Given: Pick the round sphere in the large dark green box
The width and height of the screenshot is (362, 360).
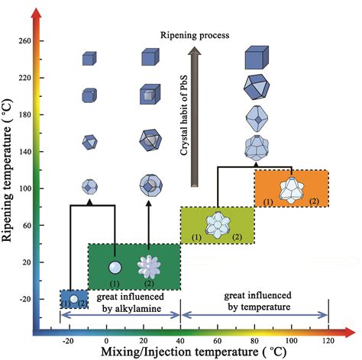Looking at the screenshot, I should tap(115, 267).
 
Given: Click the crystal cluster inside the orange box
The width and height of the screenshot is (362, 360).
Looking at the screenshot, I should tap(290, 188).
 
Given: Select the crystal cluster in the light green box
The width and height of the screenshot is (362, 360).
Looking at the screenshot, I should tap(216, 224).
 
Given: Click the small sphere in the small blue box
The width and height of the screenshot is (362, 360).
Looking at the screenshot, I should tap(73, 298).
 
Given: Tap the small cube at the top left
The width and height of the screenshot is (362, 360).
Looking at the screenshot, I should tap(90, 58).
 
